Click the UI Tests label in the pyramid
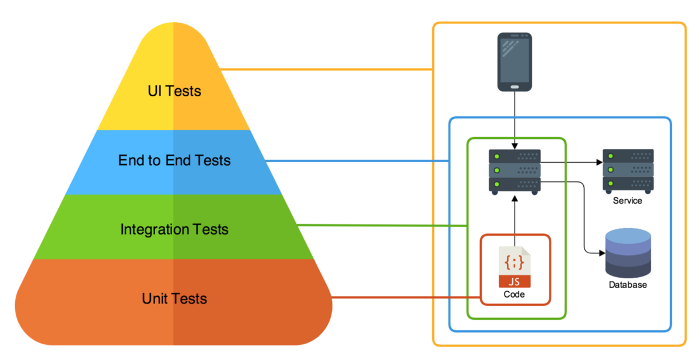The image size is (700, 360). click(x=174, y=91)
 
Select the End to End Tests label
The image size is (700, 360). click(x=174, y=160)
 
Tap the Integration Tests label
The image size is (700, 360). click(x=174, y=229)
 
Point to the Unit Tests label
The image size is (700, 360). click(x=174, y=299)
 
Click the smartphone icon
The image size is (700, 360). click(x=514, y=62)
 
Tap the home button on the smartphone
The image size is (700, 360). click(x=514, y=86)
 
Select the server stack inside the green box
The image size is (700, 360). click(x=514, y=172)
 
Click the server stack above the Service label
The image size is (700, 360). click(x=628, y=170)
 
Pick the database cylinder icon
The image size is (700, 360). click(x=628, y=253)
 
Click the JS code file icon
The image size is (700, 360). click(x=514, y=267)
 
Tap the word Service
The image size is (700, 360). click(x=628, y=201)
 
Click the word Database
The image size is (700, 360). click(x=628, y=285)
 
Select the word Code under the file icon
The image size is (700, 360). click(x=514, y=295)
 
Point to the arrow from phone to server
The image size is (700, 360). click(x=514, y=120)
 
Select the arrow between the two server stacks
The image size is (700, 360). click(x=572, y=162)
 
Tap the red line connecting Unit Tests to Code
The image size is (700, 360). click(x=402, y=298)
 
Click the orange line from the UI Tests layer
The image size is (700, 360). click(x=327, y=70)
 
